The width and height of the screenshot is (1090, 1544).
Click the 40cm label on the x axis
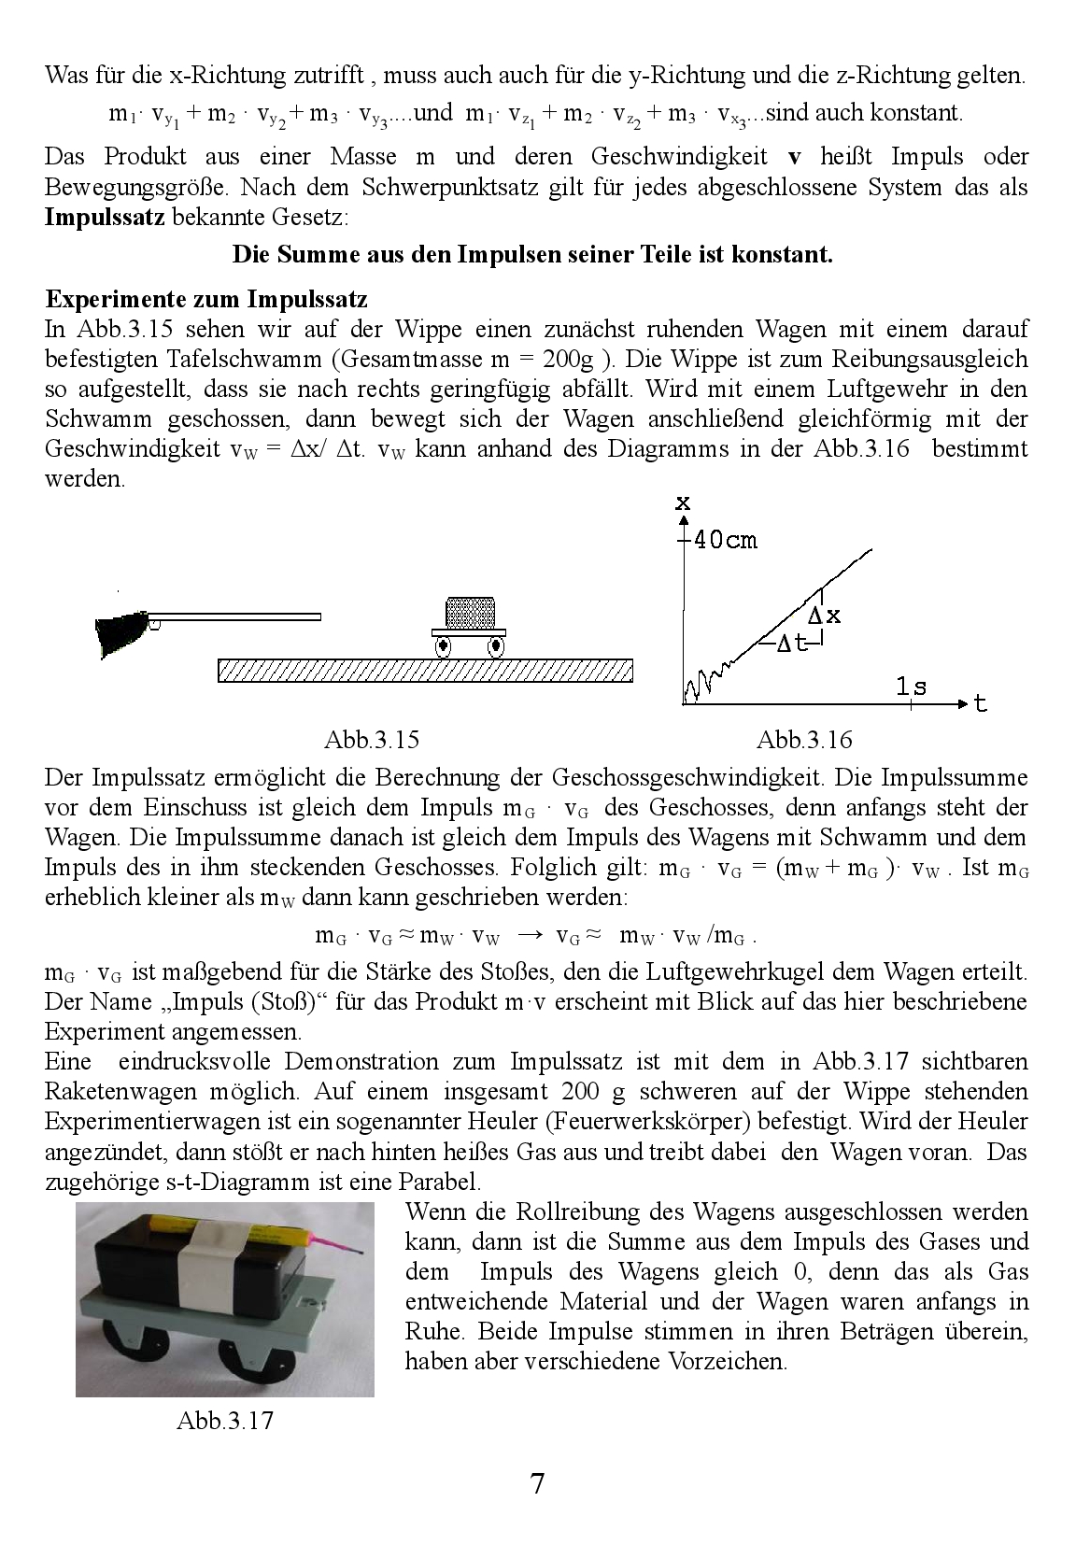[725, 539]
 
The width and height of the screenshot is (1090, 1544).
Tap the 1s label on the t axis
[911, 687]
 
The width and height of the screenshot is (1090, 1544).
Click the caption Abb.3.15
[371, 740]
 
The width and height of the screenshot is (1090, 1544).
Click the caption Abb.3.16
[804, 740]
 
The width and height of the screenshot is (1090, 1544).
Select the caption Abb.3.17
[224, 1421]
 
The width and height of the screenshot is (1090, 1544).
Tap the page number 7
[537, 1483]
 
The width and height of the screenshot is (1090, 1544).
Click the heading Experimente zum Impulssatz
[206, 299]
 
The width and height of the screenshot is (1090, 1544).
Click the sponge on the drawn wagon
[471, 612]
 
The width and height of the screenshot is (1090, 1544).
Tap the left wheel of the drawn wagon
[443, 645]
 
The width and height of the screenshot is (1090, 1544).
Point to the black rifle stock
[120, 633]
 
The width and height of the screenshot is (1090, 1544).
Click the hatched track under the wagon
[425, 670]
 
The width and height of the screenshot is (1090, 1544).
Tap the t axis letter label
[981, 703]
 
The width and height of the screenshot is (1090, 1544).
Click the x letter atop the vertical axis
[683, 503]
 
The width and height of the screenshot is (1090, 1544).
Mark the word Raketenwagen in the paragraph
[102, 1091]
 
